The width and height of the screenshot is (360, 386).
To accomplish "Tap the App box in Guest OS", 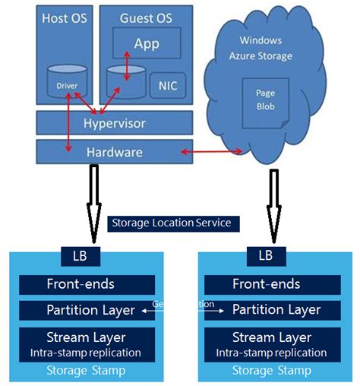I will (147, 43).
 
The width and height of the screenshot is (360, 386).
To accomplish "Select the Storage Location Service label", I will (175, 223).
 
